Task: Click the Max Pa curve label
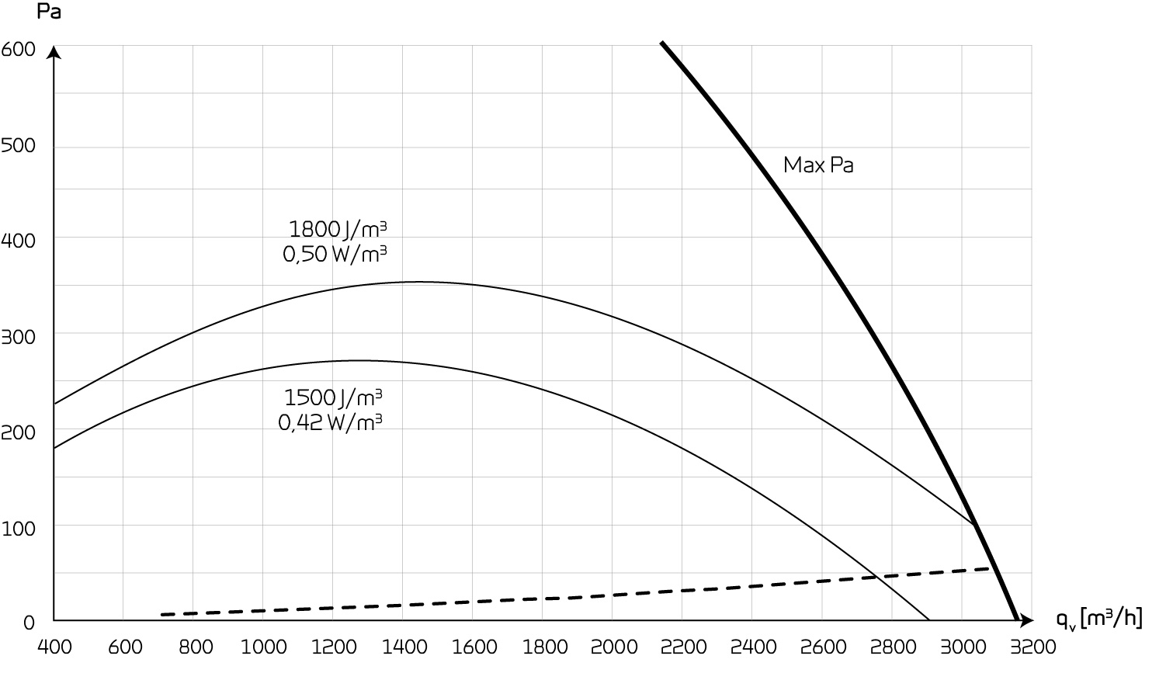pyautogui.click(x=818, y=165)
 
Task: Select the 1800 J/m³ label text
pyautogui.click(x=338, y=229)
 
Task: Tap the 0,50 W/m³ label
pyautogui.click(x=335, y=254)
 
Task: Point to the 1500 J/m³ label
pyautogui.click(x=334, y=397)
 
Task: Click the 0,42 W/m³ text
pyautogui.click(x=331, y=422)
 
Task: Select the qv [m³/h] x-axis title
pyautogui.click(x=1098, y=619)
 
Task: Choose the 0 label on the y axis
pyautogui.click(x=29, y=622)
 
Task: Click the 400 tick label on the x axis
pyautogui.click(x=54, y=647)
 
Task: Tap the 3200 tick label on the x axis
pyautogui.click(x=1031, y=647)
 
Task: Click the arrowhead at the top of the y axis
pyautogui.click(x=54, y=51)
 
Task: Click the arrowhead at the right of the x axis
pyautogui.click(x=1028, y=620)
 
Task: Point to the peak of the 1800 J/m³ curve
pyautogui.click(x=419, y=282)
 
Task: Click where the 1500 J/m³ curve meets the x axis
pyautogui.click(x=929, y=620)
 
